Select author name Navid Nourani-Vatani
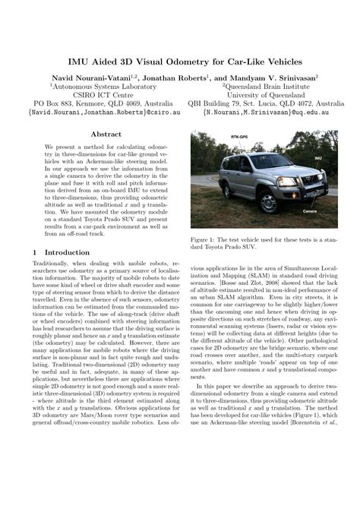tap(90, 77)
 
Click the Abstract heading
tap(106, 134)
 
